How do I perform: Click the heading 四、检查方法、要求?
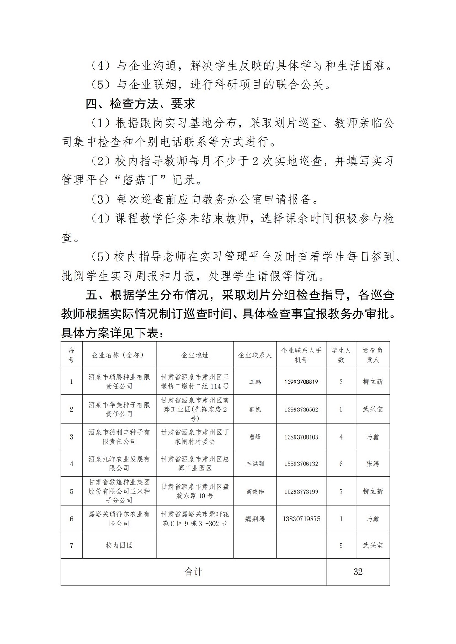(140, 104)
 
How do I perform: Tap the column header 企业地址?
(195, 355)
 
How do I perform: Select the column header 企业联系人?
(255, 355)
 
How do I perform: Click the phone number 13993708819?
(301, 382)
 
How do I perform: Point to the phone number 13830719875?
(301, 519)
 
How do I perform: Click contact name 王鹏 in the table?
(255, 382)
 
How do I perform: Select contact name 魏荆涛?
(255, 519)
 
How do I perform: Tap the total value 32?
(358, 572)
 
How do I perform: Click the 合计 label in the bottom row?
(193, 572)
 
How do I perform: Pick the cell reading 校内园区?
(119, 545)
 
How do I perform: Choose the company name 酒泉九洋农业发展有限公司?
(119, 464)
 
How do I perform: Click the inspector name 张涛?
(373, 464)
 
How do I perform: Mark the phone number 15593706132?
(301, 464)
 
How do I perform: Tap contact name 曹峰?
(255, 437)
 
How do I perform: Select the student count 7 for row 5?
(341, 491)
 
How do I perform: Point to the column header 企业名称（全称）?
(119, 355)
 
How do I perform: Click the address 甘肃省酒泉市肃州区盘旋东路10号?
(195, 491)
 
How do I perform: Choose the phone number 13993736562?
(301, 409)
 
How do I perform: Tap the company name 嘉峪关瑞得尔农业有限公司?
(119, 519)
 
